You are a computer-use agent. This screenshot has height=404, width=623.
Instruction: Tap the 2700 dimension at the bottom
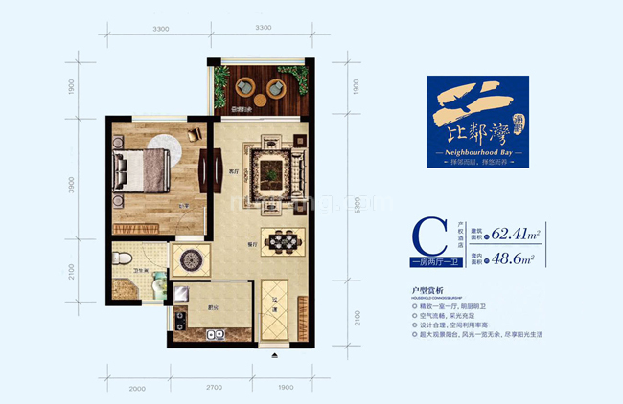coord(213,388)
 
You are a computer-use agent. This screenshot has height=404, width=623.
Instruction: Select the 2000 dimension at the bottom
coord(135,388)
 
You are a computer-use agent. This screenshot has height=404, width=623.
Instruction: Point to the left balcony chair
coord(240,87)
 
